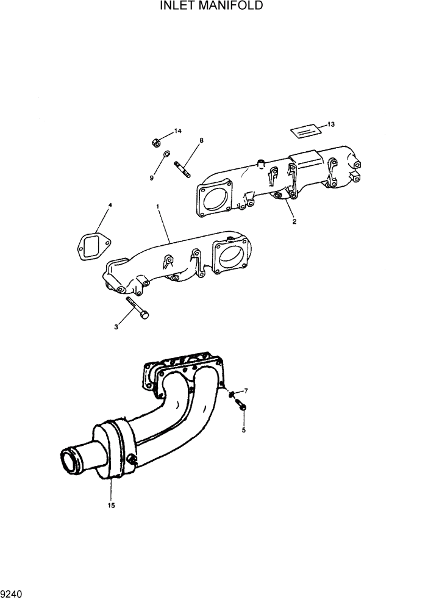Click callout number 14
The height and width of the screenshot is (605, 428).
pos(178,131)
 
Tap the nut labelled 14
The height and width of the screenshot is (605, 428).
pos(155,143)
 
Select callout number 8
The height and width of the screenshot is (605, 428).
pos(201,140)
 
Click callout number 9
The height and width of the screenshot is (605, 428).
pos(152,177)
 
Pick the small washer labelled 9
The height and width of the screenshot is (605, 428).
pos(167,154)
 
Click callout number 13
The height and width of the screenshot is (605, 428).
pos(331,124)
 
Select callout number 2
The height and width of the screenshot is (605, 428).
pos(294,221)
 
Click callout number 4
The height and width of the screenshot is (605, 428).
pos(110,206)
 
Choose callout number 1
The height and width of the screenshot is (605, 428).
pos(158,207)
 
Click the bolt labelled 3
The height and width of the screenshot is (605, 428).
pos(138,309)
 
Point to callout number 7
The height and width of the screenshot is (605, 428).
pos(246,390)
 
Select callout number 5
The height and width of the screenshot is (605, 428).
pos(244,430)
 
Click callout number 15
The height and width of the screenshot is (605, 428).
pos(112,505)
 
